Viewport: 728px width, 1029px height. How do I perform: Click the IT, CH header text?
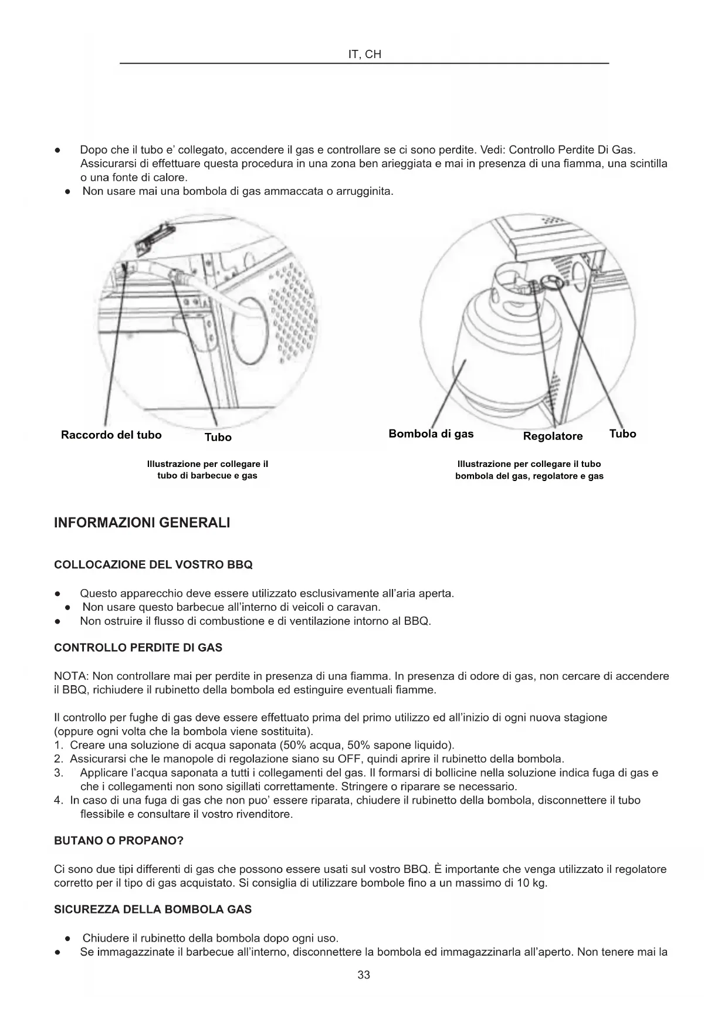pyautogui.click(x=364, y=55)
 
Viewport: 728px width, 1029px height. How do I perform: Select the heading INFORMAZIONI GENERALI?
pyautogui.click(x=142, y=523)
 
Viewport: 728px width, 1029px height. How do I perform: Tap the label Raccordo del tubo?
pyautogui.click(x=111, y=435)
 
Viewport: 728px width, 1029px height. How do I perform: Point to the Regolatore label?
pyautogui.click(x=553, y=436)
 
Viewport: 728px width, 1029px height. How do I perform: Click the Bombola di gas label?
pyautogui.click(x=431, y=434)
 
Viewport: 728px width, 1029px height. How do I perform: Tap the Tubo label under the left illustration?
pyautogui.click(x=218, y=437)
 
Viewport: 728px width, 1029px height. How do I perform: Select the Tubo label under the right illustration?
pyautogui.click(x=622, y=434)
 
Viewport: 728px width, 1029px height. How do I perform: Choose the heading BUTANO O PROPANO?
pyautogui.click(x=118, y=841)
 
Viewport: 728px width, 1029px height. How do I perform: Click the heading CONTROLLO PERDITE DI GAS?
pyautogui.click(x=138, y=648)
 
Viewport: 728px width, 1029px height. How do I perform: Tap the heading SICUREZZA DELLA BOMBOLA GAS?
pyautogui.click(x=153, y=909)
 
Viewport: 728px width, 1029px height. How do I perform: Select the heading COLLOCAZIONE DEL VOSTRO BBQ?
pyautogui.click(x=153, y=565)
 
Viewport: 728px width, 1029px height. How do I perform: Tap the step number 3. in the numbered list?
pyautogui.click(x=58, y=773)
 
